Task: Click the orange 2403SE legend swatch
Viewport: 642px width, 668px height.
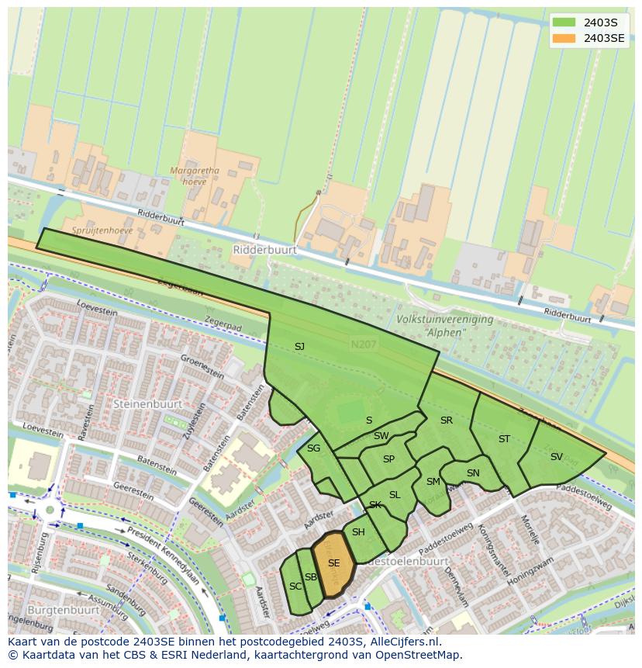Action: click(564, 38)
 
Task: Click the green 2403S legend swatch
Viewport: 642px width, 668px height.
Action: click(564, 22)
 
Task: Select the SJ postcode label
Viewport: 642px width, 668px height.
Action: click(299, 347)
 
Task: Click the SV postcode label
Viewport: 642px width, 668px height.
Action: click(556, 457)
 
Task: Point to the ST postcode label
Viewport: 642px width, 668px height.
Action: click(504, 439)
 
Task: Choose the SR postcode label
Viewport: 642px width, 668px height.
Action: click(446, 421)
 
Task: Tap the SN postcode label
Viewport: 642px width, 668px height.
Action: click(473, 473)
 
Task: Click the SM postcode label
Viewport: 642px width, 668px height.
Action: click(433, 482)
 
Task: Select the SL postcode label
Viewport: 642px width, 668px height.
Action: click(395, 495)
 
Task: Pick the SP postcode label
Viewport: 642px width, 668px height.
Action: click(388, 459)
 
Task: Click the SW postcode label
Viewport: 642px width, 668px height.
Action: click(381, 436)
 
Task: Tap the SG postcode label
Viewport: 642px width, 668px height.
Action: click(313, 448)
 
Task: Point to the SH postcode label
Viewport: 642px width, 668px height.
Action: click(358, 532)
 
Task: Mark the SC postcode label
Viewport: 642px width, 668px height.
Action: click(295, 587)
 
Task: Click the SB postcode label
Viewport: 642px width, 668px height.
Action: click(310, 577)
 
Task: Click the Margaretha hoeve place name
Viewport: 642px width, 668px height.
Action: click(195, 177)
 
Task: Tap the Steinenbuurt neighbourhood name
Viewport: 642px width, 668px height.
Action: click(147, 404)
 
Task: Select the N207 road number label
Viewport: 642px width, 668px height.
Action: click(362, 344)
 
